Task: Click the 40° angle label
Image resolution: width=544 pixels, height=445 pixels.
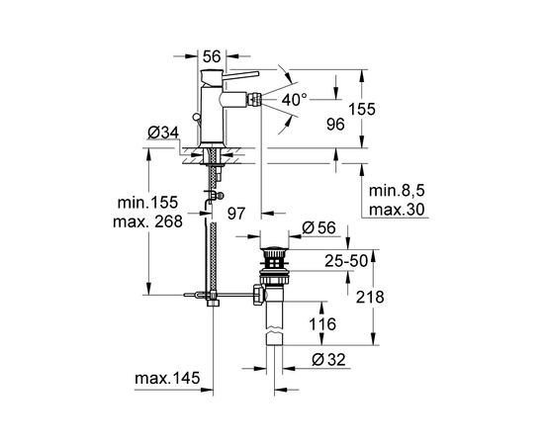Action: [294, 100]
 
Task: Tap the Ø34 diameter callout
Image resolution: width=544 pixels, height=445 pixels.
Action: [163, 133]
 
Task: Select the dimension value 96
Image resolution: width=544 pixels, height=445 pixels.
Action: [335, 125]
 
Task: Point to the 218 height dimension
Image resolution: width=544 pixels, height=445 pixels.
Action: [370, 298]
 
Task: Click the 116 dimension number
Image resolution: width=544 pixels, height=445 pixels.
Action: [322, 324]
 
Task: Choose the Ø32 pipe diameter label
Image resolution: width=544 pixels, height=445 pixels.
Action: [328, 360]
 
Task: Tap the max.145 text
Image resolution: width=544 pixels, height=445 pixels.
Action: [167, 378]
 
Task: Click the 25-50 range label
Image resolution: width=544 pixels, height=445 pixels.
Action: [346, 261]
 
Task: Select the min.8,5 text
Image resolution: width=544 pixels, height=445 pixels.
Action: [397, 191]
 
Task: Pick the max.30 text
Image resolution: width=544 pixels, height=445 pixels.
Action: [397, 210]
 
